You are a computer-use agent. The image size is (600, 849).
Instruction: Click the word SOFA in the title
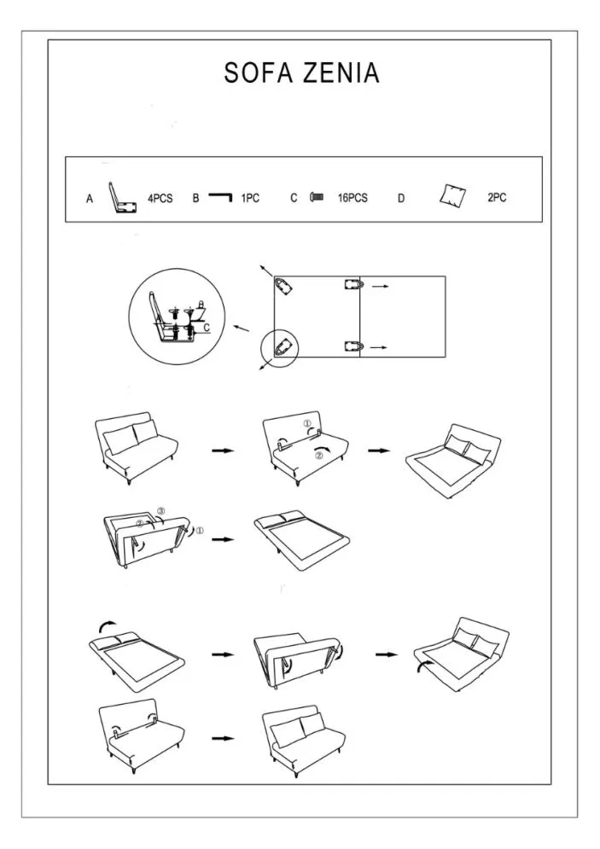click(259, 73)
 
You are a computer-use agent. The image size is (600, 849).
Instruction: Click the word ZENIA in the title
click(341, 73)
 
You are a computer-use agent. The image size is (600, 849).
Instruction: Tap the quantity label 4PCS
click(160, 199)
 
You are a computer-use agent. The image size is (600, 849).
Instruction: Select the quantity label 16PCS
click(352, 198)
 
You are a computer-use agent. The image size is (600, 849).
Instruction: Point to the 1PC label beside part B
click(250, 199)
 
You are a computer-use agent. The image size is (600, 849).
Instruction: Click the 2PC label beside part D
click(497, 198)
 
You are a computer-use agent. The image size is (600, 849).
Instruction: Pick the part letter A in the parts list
click(90, 200)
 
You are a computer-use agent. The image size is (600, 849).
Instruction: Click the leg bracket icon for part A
click(122, 198)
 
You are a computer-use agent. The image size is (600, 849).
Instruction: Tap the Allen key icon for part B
click(220, 195)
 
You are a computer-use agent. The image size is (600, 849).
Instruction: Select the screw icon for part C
click(317, 197)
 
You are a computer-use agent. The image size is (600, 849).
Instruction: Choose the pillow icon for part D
click(452, 196)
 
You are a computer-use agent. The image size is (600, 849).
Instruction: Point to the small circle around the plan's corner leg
click(279, 349)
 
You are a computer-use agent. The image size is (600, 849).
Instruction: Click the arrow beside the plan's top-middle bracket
click(380, 286)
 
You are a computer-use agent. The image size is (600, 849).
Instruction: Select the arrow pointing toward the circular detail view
click(242, 329)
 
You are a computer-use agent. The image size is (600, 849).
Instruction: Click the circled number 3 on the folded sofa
click(160, 510)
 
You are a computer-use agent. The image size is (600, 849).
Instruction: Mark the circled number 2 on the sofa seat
click(319, 456)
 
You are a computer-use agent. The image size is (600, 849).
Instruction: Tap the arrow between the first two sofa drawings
click(223, 451)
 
